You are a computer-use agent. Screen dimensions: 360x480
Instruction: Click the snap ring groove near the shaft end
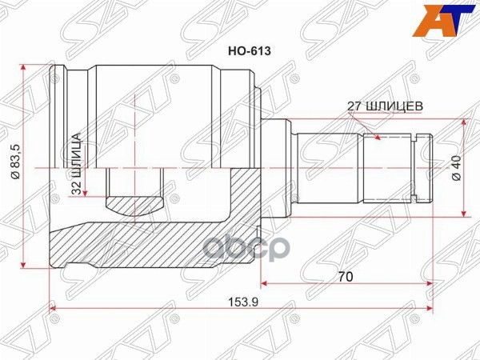416,168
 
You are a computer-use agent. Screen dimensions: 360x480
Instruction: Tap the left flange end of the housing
55,168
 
